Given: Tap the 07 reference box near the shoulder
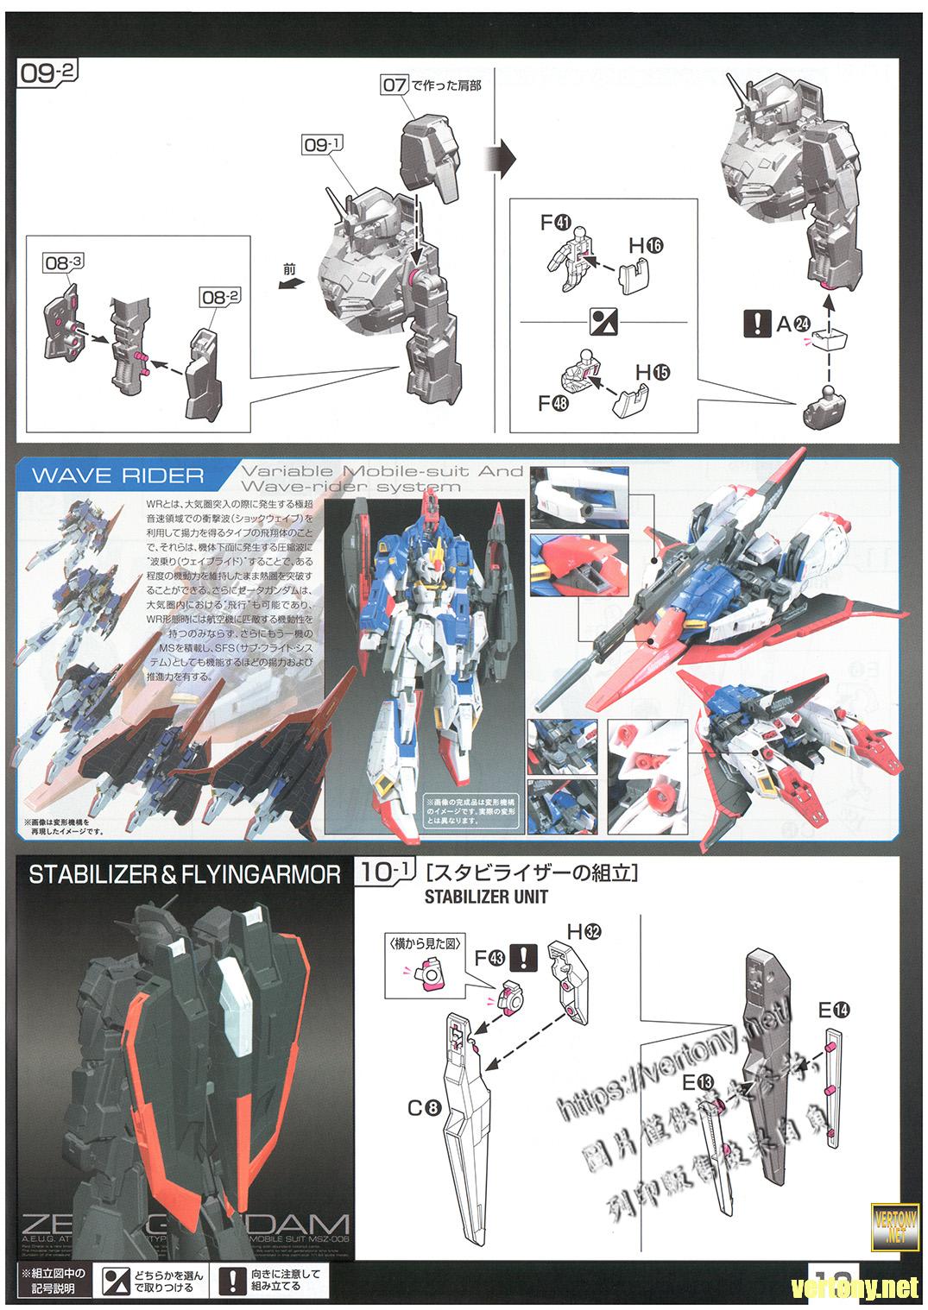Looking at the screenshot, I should [x=394, y=85].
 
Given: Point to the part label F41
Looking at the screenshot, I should [x=555, y=223].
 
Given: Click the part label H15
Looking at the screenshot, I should [x=652, y=373].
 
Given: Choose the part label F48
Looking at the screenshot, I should [x=552, y=402].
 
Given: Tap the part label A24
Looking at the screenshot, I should [x=793, y=324].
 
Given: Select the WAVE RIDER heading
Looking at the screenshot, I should [x=117, y=476].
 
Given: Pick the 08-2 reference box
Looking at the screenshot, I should [x=221, y=296].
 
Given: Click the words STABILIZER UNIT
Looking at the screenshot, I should [x=485, y=897].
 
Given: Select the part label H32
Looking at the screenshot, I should [x=584, y=931].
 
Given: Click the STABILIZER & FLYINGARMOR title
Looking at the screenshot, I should [x=185, y=874].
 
